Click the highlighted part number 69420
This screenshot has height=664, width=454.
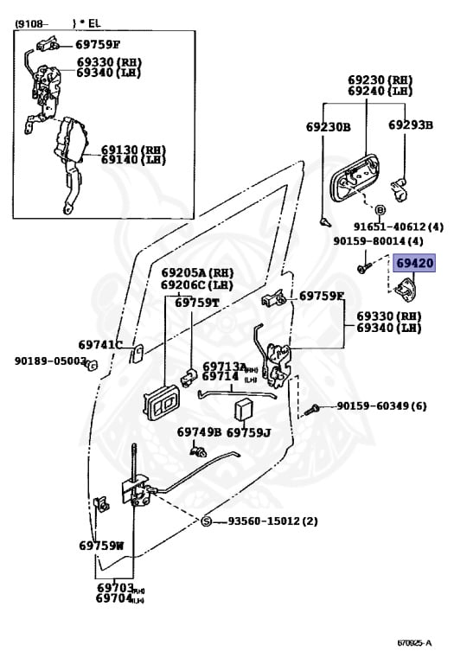[x=416, y=264]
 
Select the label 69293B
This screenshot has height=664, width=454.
[x=410, y=125]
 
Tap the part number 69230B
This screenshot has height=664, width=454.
[x=328, y=127]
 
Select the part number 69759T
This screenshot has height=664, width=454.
[x=197, y=303]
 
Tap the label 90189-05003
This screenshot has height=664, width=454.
[x=49, y=361]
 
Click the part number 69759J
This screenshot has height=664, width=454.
[x=248, y=431]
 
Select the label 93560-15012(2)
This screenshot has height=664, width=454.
[x=272, y=521]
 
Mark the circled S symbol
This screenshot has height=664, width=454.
[x=207, y=521]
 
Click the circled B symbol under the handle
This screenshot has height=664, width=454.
[x=380, y=208]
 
